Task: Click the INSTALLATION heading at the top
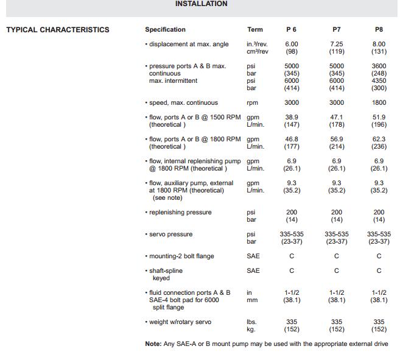pos(201,4)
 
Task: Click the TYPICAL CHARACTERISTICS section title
pos(58,30)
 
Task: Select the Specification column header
pos(165,30)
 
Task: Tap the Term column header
pos(255,30)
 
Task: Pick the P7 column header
pos(337,30)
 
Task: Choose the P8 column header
pos(379,30)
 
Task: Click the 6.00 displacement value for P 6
pos(292,44)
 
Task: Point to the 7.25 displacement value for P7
pos(337,44)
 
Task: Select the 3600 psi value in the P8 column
pos(379,66)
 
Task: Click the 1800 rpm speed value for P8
pos(379,103)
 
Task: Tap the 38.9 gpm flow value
pos(292,118)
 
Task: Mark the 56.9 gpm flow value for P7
pos(337,139)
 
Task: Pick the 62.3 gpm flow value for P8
pos(379,139)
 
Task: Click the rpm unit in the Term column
pos(252,103)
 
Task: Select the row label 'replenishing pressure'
pos(180,213)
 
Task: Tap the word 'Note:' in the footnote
pos(153,344)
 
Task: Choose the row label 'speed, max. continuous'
pos(183,103)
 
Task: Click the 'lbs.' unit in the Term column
pos(251,322)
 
